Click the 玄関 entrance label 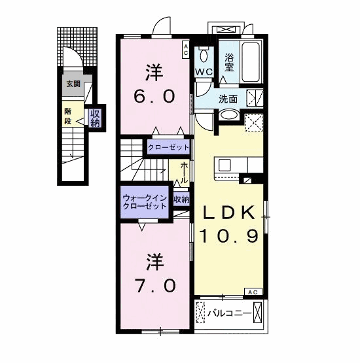[73, 84]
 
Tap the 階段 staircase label [68, 116]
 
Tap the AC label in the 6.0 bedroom [185, 46]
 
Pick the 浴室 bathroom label [230, 61]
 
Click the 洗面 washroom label [228, 99]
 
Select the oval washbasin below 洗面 [228, 115]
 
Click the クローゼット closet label [168, 147]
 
